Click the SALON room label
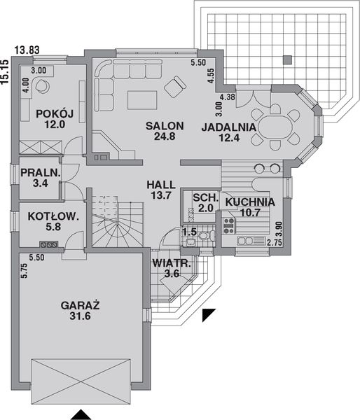pos(165,126)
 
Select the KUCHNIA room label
pos(249,202)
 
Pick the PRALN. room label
pos(40,173)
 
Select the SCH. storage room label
pos(204,198)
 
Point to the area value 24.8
pos(165,137)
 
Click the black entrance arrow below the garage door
pos(83,414)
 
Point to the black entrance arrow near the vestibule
pos(207,316)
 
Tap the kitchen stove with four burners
pos(228,224)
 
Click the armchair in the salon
pos(173,87)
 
